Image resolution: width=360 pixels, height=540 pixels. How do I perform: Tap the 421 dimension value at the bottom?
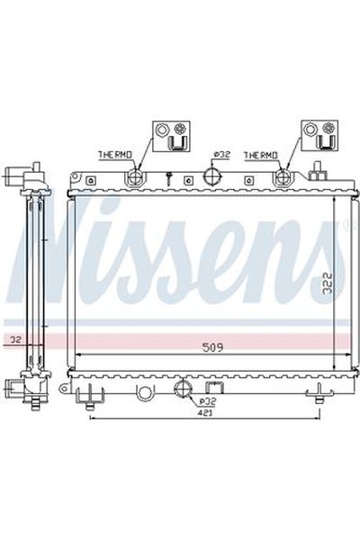pos(204,413)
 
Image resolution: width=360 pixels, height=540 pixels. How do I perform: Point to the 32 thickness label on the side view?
pos(13,339)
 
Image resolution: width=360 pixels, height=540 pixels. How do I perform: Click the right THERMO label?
pos(261,155)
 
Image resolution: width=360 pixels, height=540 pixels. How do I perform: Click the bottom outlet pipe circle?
pos(183,389)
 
